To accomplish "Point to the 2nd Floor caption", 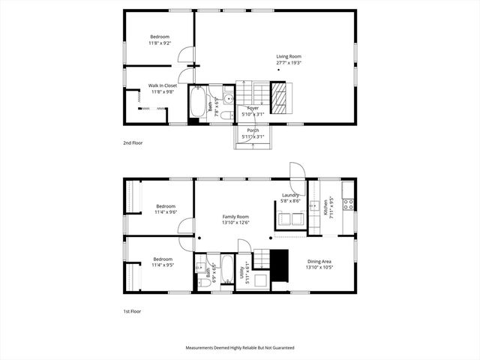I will pos(133,142).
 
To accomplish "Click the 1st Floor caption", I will pos(132,311).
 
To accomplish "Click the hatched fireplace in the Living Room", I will pos(278,98).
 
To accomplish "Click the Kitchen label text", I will pos(326,207).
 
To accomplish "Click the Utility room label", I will pos(241,275).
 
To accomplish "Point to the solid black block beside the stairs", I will pos(280,266).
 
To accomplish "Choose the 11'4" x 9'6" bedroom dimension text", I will pos(165,212).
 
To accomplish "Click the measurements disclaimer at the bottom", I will pos(240,348).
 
